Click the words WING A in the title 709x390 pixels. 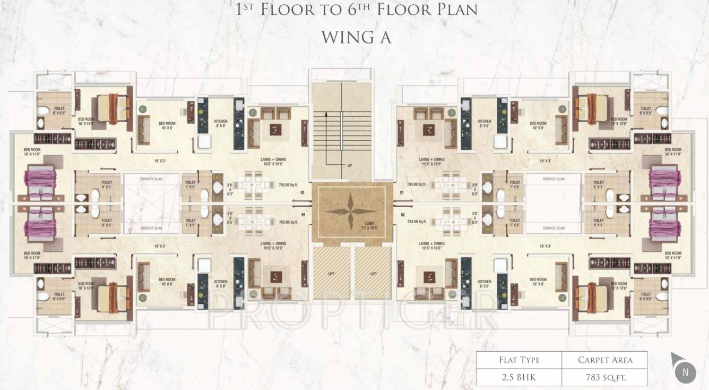[x=356, y=37]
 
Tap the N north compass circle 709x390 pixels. [x=685, y=372]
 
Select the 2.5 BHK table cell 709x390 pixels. [x=518, y=377]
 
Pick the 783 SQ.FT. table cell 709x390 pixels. [x=605, y=377]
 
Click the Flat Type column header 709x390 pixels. [x=518, y=360]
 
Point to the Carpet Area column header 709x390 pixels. [x=605, y=360]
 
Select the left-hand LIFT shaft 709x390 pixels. [x=331, y=273]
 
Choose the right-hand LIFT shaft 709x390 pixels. [x=373, y=273]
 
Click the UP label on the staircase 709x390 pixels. [x=350, y=166]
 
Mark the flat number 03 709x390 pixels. [x=302, y=192]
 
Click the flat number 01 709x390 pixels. [x=402, y=192]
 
